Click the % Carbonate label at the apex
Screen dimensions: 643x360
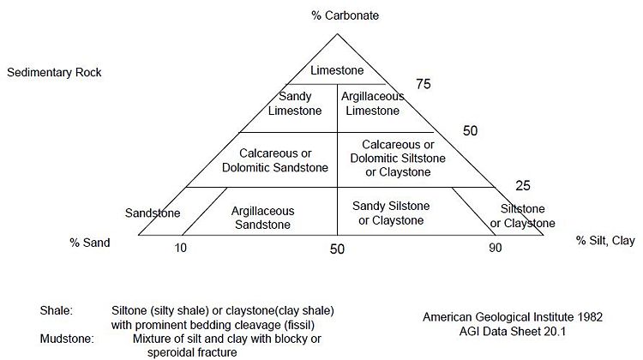point(345,15)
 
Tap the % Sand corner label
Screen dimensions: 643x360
point(90,243)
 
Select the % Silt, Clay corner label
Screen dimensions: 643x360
point(605,240)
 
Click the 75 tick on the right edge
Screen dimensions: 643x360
point(424,84)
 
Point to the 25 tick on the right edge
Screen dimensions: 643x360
point(523,185)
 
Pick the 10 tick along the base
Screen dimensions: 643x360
point(180,248)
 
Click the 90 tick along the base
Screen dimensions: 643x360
point(495,248)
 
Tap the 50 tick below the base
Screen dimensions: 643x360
point(337,249)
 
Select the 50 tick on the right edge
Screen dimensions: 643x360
point(470,130)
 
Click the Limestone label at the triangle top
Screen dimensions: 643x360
point(337,70)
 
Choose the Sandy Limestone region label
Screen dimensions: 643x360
point(295,104)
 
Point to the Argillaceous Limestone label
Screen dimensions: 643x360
point(372,104)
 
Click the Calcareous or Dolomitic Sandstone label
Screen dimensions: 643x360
point(274,160)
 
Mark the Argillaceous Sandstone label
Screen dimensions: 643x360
point(262,218)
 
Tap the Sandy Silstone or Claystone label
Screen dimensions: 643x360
point(391,213)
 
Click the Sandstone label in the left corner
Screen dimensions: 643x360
point(153,213)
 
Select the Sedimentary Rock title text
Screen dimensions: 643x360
point(54,72)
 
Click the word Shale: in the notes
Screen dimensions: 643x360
point(57,310)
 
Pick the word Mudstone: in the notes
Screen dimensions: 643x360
point(67,339)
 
